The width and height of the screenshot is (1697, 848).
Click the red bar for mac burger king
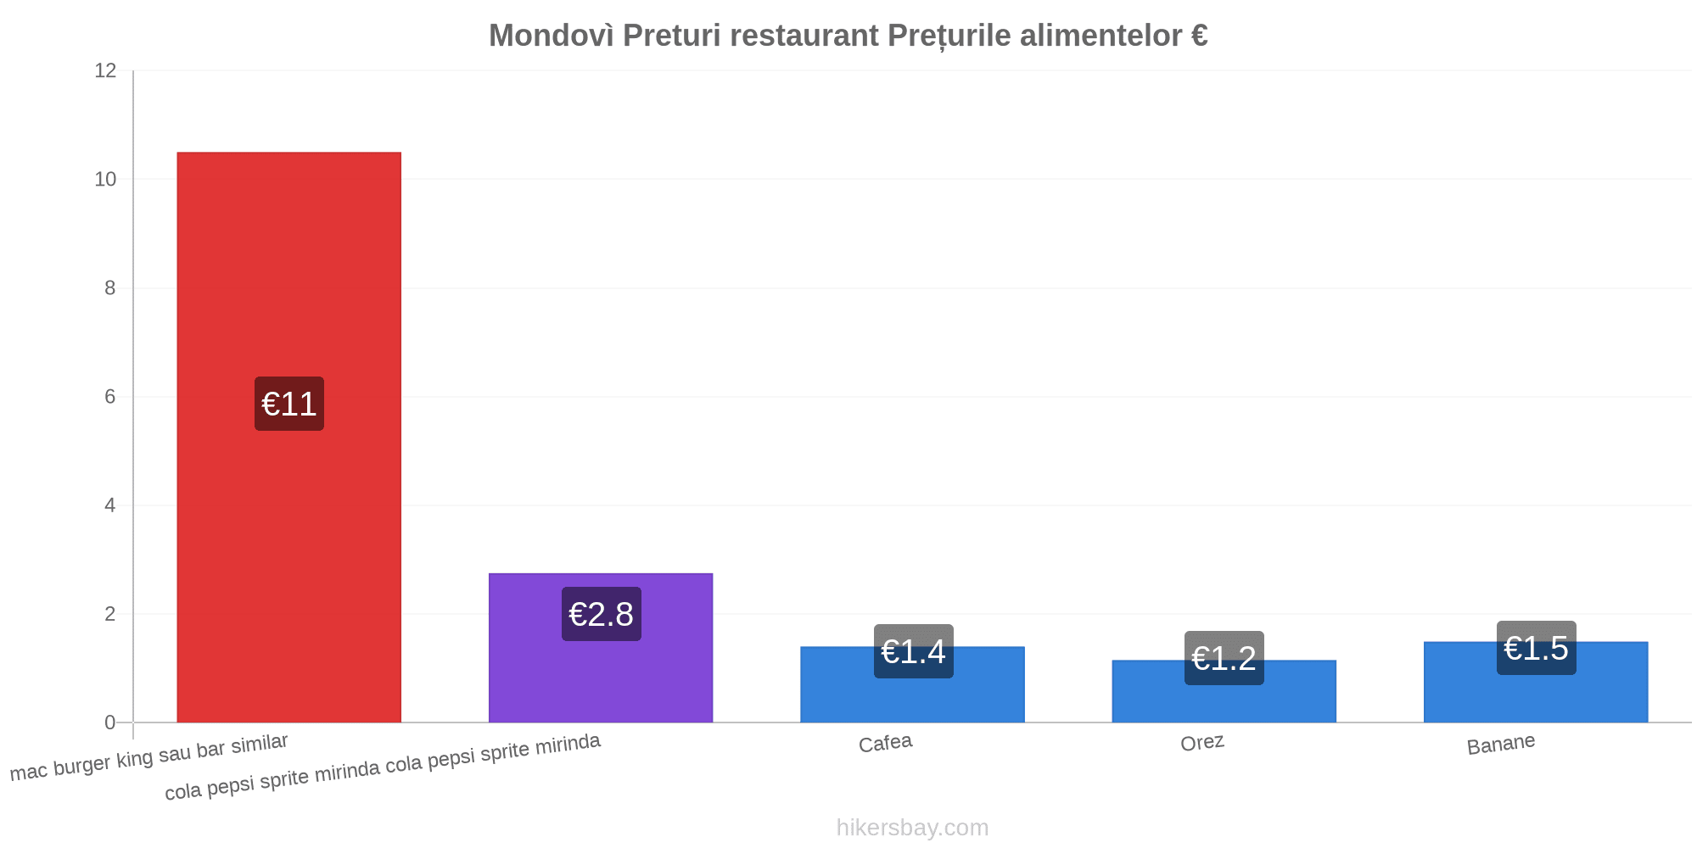(x=288, y=438)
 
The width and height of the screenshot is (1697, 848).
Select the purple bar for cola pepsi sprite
(x=601, y=648)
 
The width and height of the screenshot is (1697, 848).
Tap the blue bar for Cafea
(x=912, y=684)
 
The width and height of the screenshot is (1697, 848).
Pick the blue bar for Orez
(x=1224, y=691)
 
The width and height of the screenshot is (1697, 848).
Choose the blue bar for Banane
(x=1536, y=682)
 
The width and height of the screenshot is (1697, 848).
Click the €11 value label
(x=289, y=404)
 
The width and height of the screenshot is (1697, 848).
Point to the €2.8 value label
(x=601, y=614)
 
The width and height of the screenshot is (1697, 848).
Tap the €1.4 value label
(x=913, y=651)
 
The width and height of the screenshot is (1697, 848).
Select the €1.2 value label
(x=1224, y=658)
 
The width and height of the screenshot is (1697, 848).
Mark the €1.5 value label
(x=1536, y=648)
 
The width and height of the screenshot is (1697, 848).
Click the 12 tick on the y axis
(x=105, y=70)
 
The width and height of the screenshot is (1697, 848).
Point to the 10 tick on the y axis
(x=105, y=179)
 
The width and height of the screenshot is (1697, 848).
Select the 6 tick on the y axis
(x=110, y=397)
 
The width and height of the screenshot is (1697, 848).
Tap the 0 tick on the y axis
(x=110, y=722)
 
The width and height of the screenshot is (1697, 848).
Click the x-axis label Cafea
(x=885, y=743)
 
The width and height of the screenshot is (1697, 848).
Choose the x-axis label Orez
(x=1202, y=743)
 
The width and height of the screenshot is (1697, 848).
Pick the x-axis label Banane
(x=1501, y=744)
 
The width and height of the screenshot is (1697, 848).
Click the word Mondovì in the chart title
(x=552, y=36)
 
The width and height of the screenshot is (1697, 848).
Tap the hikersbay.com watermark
(x=912, y=827)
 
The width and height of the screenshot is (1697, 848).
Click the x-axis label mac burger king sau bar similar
(x=149, y=757)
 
